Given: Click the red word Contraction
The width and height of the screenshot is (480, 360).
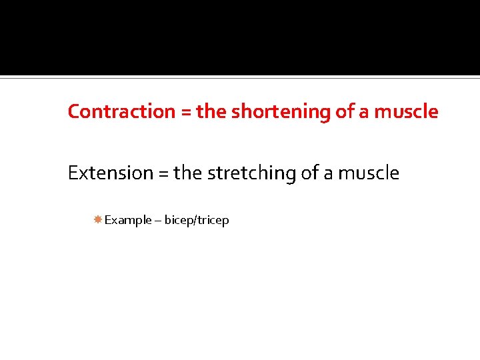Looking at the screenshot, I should pyautogui.click(x=121, y=111).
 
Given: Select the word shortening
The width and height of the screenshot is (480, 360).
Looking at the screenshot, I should pyautogui.click(x=281, y=112).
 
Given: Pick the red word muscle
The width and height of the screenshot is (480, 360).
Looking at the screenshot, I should pyautogui.click(x=406, y=111).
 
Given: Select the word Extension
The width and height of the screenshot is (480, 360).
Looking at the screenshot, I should pyautogui.click(x=111, y=173).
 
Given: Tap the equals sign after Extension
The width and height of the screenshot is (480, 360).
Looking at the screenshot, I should pyautogui.click(x=163, y=174).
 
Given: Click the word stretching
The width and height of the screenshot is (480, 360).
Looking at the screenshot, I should pyautogui.click(x=252, y=173).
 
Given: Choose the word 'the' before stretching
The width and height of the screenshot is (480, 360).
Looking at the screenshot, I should pyautogui.click(x=189, y=173).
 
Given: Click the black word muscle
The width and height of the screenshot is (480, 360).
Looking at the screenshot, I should pyautogui.click(x=369, y=173).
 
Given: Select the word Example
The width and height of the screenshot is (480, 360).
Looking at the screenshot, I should pyautogui.click(x=128, y=220).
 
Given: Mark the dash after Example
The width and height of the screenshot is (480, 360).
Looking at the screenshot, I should pyautogui.click(x=158, y=221).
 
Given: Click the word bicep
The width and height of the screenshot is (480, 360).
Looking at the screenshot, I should pyautogui.click(x=179, y=220).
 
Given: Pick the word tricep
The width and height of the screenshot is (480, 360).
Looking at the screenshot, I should pyautogui.click(x=213, y=220).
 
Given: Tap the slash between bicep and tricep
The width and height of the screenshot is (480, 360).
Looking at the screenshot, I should pyautogui.click(x=196, y=220).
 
